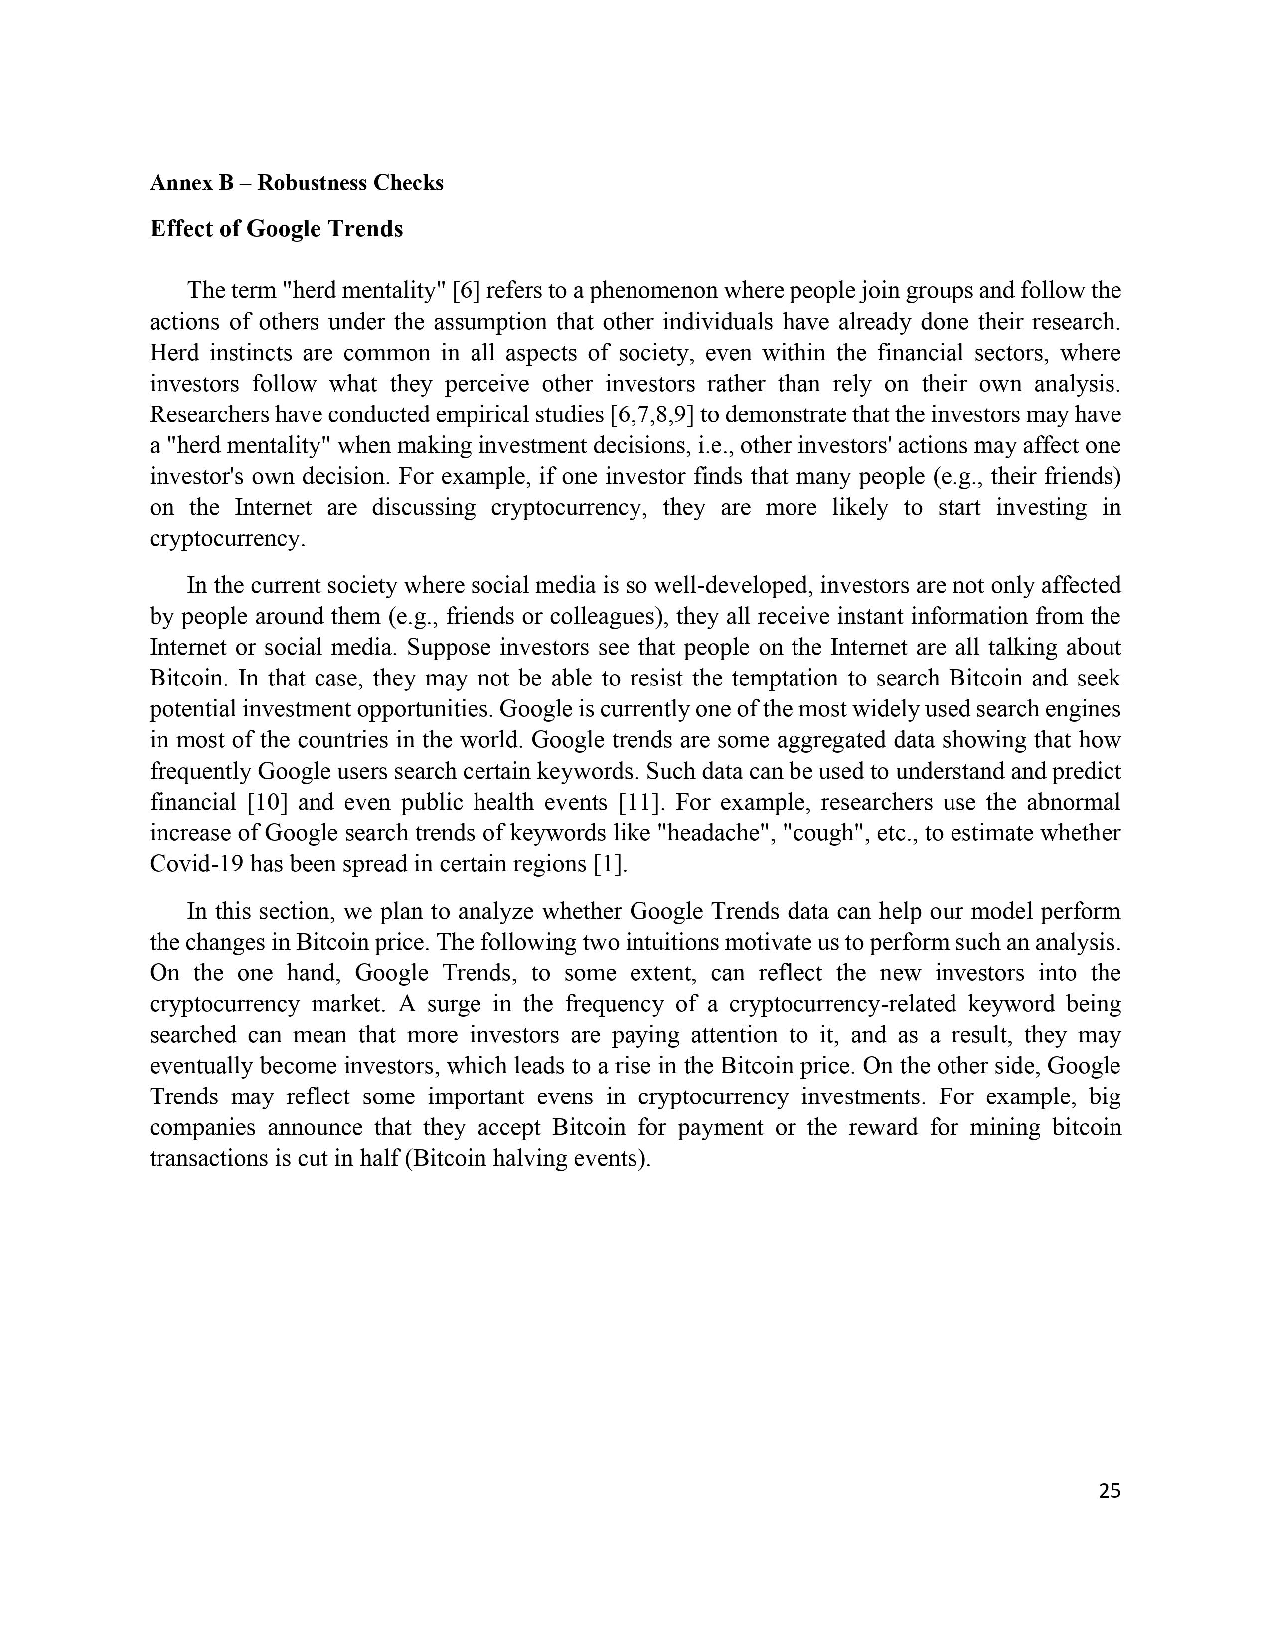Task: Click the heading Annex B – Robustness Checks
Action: click(297, 183)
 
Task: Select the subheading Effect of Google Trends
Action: click(276, 228)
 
